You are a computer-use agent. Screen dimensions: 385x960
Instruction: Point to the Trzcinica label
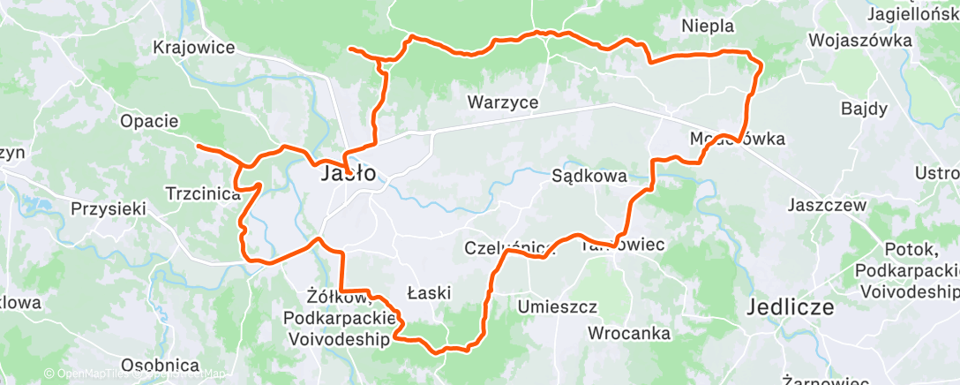click(203, 193)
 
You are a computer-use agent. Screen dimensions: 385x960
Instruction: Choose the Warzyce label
click(502, 102)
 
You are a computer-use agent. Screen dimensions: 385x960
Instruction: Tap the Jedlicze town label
click(791, 308)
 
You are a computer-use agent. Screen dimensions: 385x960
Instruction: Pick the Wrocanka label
click(628, 334)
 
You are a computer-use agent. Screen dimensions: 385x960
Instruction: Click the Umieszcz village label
click(557, 306)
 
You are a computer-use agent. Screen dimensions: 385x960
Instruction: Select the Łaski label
click(430, 291)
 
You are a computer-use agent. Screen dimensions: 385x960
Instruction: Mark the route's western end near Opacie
click(198, 145)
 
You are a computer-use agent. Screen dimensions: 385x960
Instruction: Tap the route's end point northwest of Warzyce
click(351, 49)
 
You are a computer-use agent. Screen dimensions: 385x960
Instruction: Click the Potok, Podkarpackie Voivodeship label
click(907, 268)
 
